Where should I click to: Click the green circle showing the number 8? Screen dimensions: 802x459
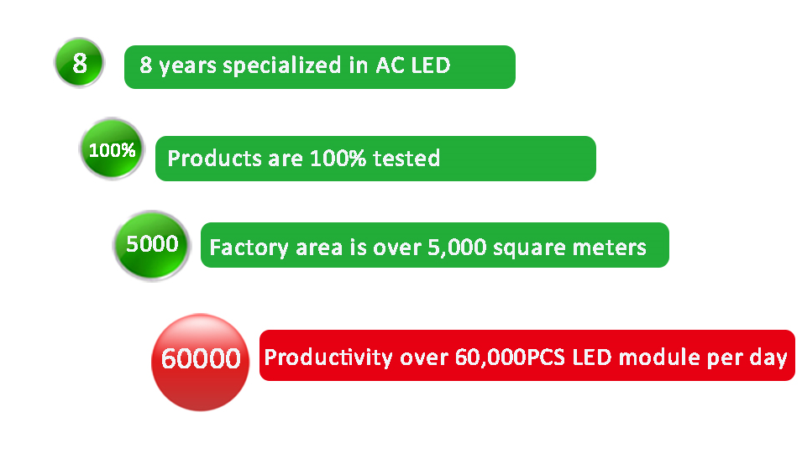[79, 63]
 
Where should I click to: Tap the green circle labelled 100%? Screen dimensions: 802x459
[112, 149]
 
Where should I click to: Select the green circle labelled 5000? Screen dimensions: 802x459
[152, 246]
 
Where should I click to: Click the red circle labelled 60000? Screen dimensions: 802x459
[201, 363]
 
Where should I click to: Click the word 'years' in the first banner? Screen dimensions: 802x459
[188, 66]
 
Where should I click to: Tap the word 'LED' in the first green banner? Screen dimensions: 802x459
[431, 65]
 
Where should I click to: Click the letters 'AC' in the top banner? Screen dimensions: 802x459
[391, 65]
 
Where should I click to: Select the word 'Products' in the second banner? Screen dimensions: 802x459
[215, 159]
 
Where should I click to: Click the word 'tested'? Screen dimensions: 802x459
[406, 159]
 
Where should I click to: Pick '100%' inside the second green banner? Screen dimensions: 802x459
[338, 159]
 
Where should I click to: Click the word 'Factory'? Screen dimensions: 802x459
[249, 248]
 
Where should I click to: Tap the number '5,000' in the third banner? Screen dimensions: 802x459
[457, 248]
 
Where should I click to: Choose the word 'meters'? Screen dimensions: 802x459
[609, 248]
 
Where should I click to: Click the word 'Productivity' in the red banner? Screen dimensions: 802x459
[328, 357]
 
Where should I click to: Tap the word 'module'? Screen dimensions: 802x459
[659, 357]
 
